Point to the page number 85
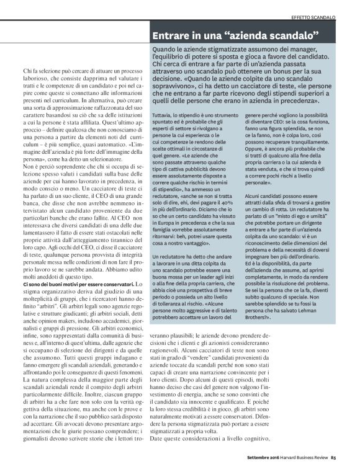coord(351,458)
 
